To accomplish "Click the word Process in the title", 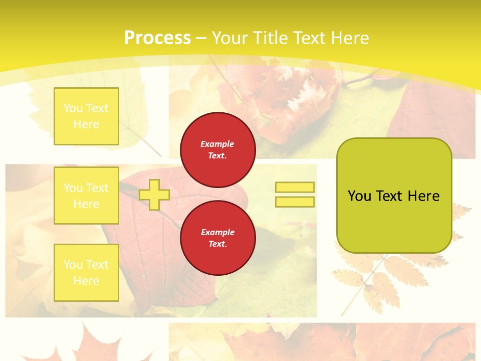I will pos(157,38).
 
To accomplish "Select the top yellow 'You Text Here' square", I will pos(86,116).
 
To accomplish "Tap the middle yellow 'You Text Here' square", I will pos(86,196).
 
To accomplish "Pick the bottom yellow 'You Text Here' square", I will pos(86,272).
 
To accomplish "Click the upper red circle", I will pos(217,149).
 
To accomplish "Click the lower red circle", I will pos(217,238).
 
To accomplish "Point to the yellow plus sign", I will pos(154,195).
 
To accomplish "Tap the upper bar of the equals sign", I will pos(295,187).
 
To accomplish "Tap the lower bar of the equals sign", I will pos(295,202).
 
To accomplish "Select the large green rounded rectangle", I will pos(394,196).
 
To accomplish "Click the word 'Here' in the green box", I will pos(423,196).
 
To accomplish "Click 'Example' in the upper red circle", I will pos(217,144).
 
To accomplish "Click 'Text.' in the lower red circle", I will pos(217,244).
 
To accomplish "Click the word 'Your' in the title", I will pos(229,38).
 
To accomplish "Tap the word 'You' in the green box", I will pos(359,196).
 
